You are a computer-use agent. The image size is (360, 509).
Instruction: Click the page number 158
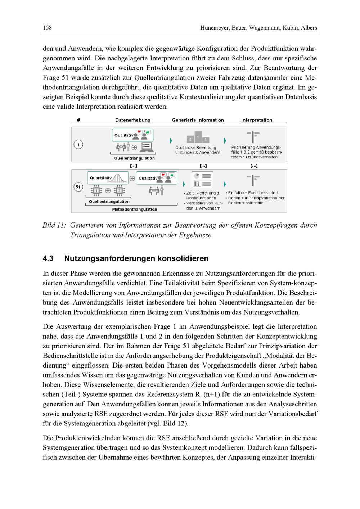47,28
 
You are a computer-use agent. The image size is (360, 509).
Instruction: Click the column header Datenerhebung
133,120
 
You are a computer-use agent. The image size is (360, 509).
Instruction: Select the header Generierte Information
198,120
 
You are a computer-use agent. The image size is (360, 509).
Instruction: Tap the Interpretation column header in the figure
257,120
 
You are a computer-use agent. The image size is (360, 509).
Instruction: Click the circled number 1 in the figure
78,144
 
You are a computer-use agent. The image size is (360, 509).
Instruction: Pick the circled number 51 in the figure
78,187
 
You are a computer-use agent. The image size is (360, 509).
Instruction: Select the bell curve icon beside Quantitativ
120,177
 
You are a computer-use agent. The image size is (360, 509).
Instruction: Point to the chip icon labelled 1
96,190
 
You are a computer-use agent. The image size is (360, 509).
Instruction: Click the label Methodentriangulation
135,209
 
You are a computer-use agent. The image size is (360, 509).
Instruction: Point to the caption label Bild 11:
54,225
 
